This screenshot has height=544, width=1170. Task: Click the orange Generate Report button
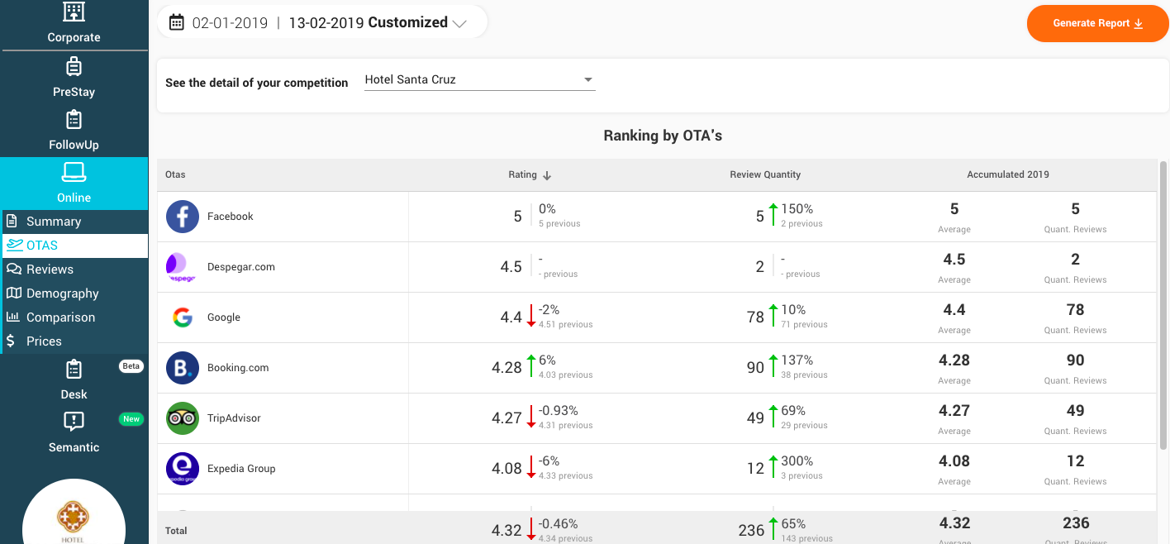coord(1097,23)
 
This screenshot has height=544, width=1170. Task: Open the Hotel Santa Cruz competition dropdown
coord(479,80)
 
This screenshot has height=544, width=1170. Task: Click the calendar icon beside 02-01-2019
coord(176,23)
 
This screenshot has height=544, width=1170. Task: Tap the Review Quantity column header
coord(765,175)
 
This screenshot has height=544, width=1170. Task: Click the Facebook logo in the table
coord(182,217)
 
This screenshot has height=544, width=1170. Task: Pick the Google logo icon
coord(182,317)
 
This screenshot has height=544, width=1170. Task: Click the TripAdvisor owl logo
coord(182,418)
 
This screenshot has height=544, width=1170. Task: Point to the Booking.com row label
coord(238,368)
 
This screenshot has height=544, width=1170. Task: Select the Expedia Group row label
coord(241,469)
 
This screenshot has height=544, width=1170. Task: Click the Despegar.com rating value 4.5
coord(511,267)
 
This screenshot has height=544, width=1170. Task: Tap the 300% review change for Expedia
coord(797,461)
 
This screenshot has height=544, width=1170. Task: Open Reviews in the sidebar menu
coord(50,270)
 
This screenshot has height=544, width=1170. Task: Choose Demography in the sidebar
coord(62,293)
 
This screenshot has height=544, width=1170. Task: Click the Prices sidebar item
coord(44,341)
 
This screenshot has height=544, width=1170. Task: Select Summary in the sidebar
coord(54,222)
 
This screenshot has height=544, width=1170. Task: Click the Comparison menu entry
coord(60,317)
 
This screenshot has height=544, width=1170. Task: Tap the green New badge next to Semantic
coord(131,419)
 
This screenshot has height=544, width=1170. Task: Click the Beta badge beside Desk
coord(131,366)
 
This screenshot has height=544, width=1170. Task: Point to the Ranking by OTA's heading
coord(663,136)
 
